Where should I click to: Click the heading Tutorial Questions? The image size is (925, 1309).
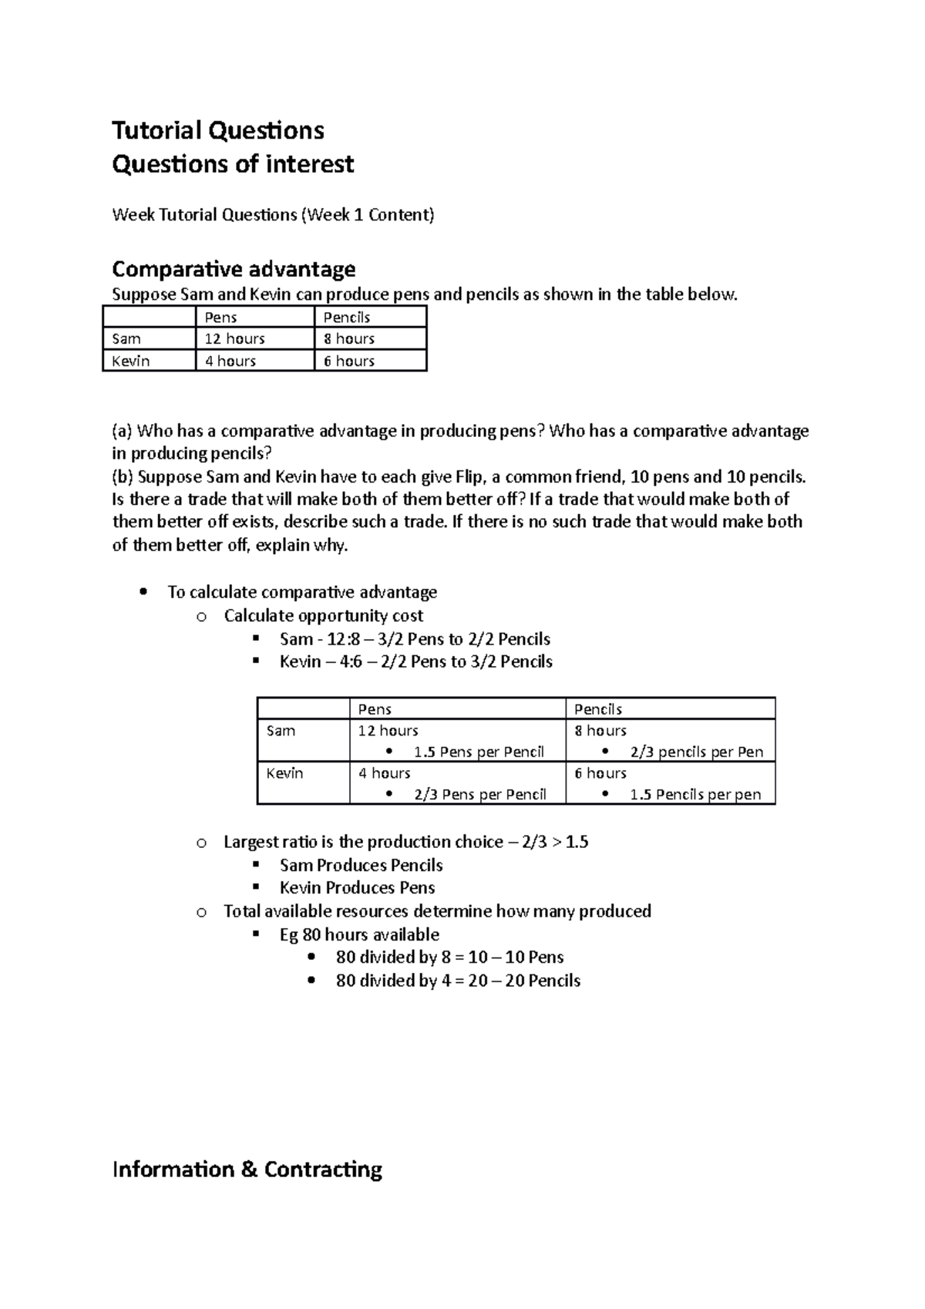pos(218,130)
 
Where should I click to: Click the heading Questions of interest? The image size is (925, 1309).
pos(233,164)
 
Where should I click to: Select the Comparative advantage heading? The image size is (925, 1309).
pos(234,269)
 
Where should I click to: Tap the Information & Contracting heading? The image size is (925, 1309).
pos(247,1169)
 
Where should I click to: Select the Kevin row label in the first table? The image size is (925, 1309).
pos(131,361)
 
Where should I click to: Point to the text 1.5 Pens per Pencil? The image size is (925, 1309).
pos(479,752)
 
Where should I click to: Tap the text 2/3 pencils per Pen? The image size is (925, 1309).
pos(697,752)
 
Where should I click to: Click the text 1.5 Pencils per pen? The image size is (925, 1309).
pos(695,794)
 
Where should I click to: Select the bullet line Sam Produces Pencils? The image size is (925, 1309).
pos(361,865)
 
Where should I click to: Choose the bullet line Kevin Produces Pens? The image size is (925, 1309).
pos(357,887)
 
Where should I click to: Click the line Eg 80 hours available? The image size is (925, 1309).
pos(359,934)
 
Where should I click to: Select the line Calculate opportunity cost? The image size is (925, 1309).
pos(323,615)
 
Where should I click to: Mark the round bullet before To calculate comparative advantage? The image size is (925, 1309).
pos(143,592)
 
